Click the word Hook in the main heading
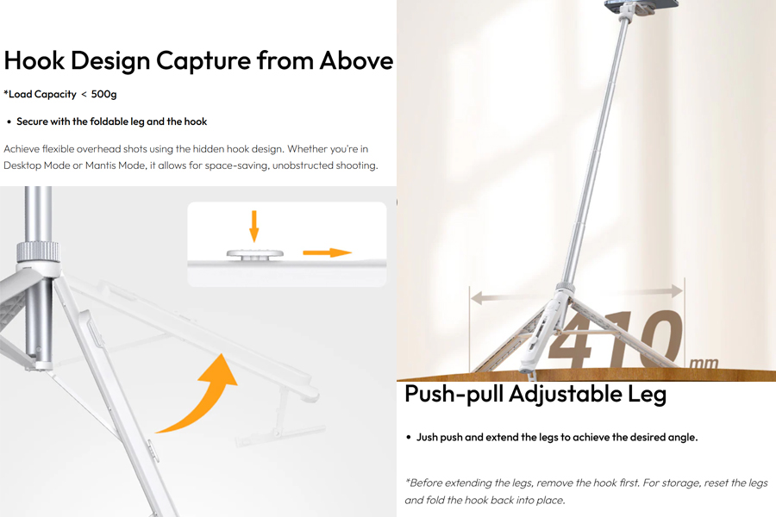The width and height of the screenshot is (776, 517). (x=34, y=61)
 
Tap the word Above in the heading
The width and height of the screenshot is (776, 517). (x=356, y=61)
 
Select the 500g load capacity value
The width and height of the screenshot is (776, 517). (x=104, y=94)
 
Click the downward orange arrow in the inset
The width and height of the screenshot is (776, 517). (x=253, y=226)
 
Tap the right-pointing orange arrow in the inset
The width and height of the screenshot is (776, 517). (x=327, y=252)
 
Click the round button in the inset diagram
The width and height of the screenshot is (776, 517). (x=255, y=254)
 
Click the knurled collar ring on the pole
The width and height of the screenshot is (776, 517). (x=38, y=252)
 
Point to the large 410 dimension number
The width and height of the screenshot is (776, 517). (x=615, y=339)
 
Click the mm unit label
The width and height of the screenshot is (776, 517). (x=704, y=363)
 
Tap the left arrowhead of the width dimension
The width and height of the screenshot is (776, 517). (x=477, y=297)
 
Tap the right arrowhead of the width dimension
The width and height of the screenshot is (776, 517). (x=677, y=290)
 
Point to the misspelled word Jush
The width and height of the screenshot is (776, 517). (x=427, y=438)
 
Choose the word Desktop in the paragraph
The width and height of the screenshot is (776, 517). (x=22, y=165)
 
